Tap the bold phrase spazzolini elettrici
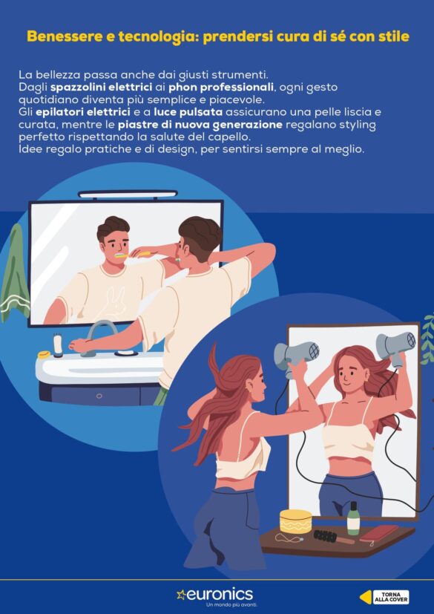[x=102, y=87]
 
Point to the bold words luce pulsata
[x=188, y=112]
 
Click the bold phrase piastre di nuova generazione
[x=200, y=125]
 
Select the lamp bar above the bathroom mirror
[x=128, y=194]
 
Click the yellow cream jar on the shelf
[x=296, y=521]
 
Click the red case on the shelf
[x=379, y=533]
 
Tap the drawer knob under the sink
[x=99, y=396]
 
